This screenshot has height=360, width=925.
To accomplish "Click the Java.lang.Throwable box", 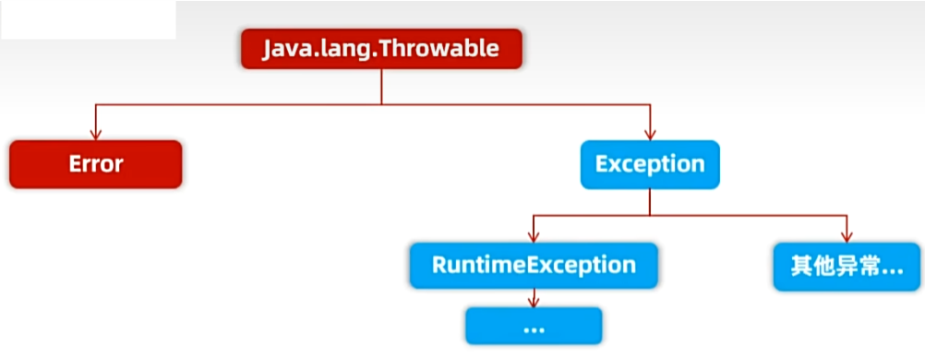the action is [381, 48].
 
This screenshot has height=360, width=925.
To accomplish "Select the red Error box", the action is [96, 164].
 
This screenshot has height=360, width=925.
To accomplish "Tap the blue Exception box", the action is [650, 164].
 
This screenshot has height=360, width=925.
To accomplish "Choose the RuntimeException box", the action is [534, 266].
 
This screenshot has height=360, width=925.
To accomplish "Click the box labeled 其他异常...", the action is [847, 266].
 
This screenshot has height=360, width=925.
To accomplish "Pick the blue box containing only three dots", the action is [534, 326].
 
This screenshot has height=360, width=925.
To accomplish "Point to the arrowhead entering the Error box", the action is [96, 135].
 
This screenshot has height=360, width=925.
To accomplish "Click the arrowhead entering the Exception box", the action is [650, 135].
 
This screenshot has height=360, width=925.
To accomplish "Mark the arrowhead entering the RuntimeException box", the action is [534, 237].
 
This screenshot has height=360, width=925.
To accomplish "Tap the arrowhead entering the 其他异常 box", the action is [847, 237].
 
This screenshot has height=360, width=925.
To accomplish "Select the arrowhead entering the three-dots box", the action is [534, 302].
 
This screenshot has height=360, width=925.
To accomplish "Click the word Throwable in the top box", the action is [438, 48].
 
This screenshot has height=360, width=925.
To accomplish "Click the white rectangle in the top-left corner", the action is [89, 20].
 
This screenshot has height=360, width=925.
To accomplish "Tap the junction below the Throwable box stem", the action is [381, 104].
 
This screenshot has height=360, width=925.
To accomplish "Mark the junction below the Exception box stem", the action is [650, 215].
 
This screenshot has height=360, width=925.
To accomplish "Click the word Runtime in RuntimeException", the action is [479, 265].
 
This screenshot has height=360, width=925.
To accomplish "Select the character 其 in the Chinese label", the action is [802, 267].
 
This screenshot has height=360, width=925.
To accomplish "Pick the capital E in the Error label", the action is [76, 164].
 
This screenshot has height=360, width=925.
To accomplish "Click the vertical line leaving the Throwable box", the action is [381, 87].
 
